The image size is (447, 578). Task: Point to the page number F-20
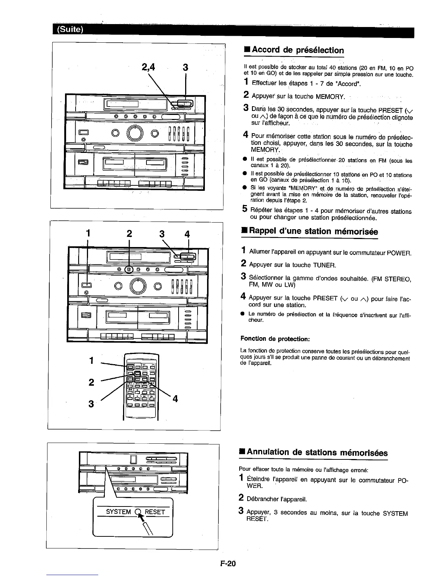point(229,563)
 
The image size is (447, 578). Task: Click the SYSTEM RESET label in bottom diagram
point(135,512)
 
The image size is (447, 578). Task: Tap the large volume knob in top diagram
point(135,133)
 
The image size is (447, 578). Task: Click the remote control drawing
point(141,387)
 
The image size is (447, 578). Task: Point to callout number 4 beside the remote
point(175,399)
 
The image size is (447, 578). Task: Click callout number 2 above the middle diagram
point(129,234)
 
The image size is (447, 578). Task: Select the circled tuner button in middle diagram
point(129,270)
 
